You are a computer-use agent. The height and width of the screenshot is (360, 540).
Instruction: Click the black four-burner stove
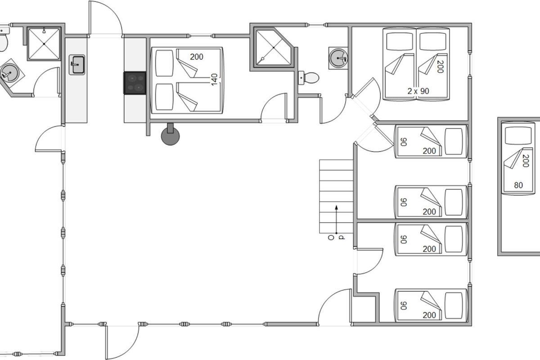[x=135, y=83]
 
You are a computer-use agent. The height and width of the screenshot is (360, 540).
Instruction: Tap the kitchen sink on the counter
[x=77, y=65]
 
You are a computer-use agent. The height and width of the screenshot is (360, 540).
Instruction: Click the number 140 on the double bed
[x=214, y=80]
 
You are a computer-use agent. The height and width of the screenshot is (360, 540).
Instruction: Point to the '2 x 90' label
[x=418, y=91]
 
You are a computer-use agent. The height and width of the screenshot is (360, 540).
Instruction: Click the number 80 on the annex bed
[x=518, y=185]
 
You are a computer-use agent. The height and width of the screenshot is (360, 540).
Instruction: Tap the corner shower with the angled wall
[x=274, y=48]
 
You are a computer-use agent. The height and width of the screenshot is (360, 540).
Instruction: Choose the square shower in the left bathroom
[x=44, y=44]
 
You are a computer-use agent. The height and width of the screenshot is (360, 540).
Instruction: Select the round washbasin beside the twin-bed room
[x=338, y=58]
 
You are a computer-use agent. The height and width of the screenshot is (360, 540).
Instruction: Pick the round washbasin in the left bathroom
[x=10, y=72]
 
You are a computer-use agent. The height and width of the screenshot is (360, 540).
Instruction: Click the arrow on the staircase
[x=336, y=220]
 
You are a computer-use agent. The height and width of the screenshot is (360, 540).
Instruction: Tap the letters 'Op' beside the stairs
[x=336, y=238]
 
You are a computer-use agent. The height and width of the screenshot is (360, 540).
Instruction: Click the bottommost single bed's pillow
[x=454, y=306]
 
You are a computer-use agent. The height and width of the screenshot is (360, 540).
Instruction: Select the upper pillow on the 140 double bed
[x=164, y=63]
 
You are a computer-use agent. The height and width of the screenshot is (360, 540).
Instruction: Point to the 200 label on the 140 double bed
[x=197, y=57]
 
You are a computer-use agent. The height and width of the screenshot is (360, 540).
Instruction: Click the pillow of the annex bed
[x=518, y=136]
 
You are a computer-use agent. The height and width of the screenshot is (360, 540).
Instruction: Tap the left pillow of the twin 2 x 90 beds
[x=400, y=41]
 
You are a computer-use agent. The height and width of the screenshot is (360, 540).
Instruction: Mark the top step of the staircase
[x=336, y=165]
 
